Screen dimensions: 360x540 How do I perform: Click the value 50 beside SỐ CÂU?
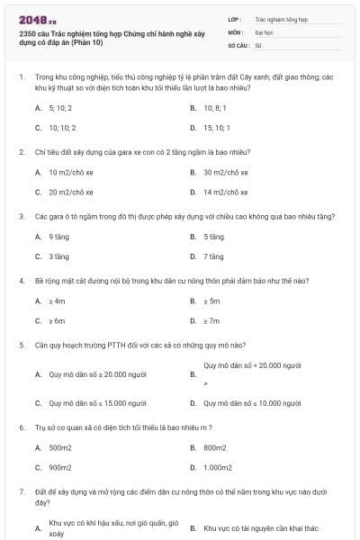point(258,44)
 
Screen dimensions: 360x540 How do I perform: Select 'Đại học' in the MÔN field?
point(262,31)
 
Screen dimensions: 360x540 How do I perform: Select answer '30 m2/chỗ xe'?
point(225,171)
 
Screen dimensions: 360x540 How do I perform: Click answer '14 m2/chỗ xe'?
point(225,192)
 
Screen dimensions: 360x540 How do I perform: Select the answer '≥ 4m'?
point(57,300)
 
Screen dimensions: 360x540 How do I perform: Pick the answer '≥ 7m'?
point(211,320)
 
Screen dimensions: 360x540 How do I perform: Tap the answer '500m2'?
point(59,446)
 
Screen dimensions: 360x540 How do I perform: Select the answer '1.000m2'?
point(217,467)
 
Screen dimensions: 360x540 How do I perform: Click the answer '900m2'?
point(59,467)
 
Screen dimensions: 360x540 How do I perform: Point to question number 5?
point(21,345)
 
